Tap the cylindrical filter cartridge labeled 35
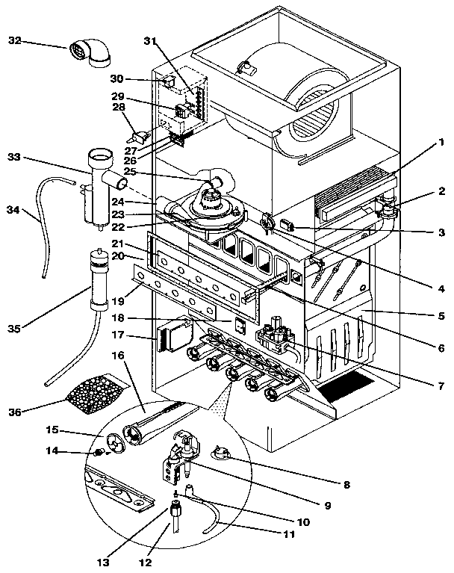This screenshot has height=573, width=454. [96, 282]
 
